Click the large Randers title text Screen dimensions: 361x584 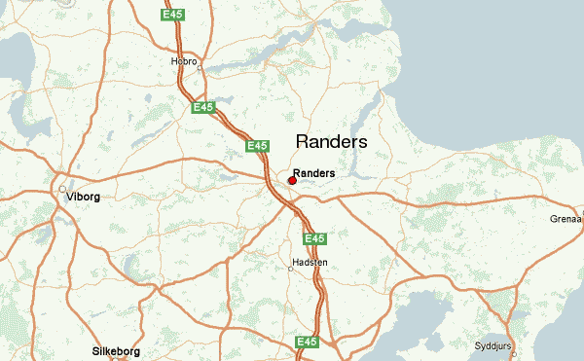pyautogui.click(x=331, y=142)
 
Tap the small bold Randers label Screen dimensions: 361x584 pyautogui.click(x=313, y=173)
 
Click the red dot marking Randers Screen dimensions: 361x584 pyautogui.click(x=292, y=180)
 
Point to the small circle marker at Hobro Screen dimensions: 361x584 pyautogui.click(x=201, y=66)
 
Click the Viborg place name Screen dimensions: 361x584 pyautogui.click(x=83, y=197)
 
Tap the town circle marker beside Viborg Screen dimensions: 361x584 pyautogui.click(x=61, y=189)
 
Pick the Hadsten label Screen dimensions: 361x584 pyautogui.click(x=310, y=263)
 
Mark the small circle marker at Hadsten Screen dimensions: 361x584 pyautogui.click(x=290, y=270)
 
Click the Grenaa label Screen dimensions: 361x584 pyautogui.click(x=566, y=220)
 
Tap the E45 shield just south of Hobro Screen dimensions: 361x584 pyautogui.click(x=203, y=107)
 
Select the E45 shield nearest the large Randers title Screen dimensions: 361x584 pyautogui.click(x=257, y=146)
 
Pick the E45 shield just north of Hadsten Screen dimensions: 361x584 pyautogui.click(x=313, y=238)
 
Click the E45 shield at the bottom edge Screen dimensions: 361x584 pyautogui.click(x=307, y=342)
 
